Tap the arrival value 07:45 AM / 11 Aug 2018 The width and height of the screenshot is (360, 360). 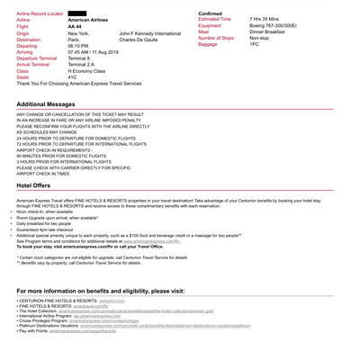(99, 51)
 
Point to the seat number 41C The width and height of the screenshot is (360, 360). (73, 76)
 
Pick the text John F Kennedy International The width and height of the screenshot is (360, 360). (156, 33)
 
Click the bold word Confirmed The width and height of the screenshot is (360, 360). (211, 13)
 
